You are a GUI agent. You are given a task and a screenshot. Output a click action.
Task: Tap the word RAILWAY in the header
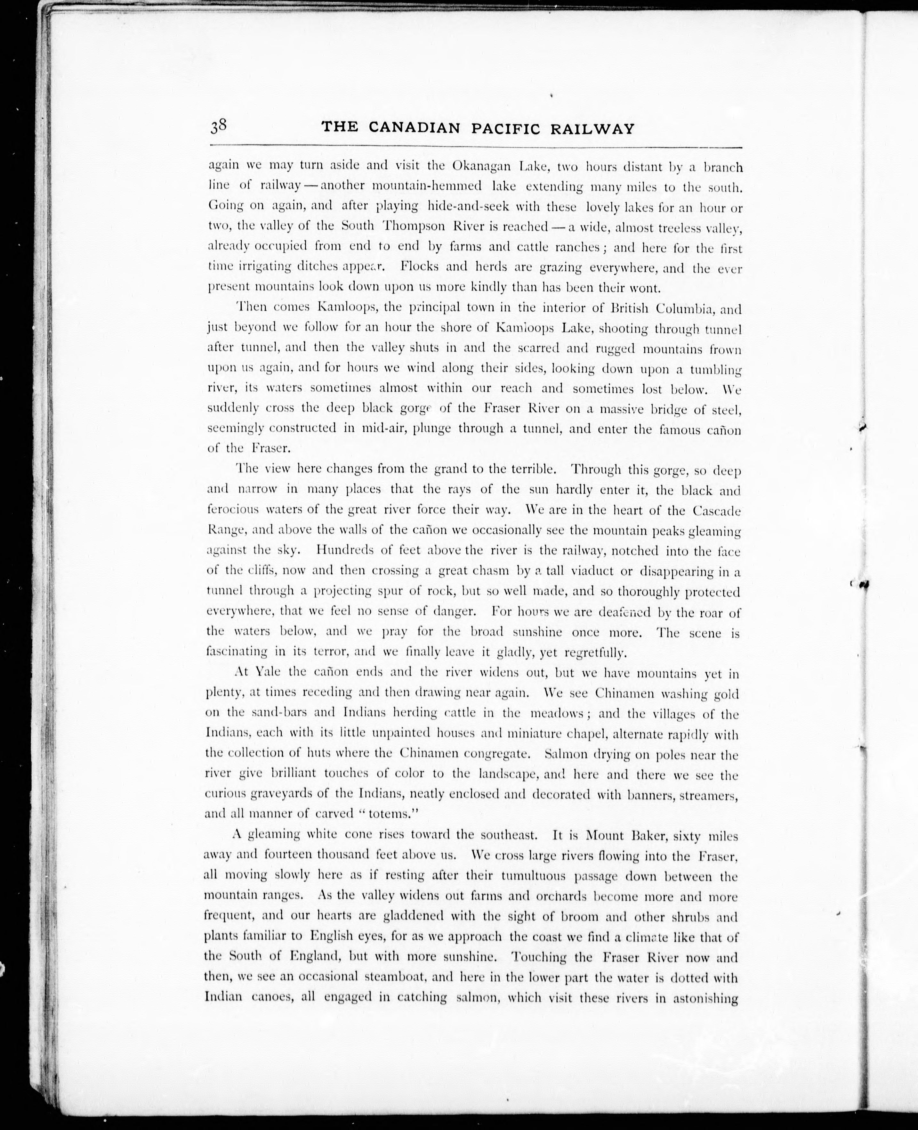click(x=592, y=128)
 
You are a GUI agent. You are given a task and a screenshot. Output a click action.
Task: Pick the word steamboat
click(x=405, y=977)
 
